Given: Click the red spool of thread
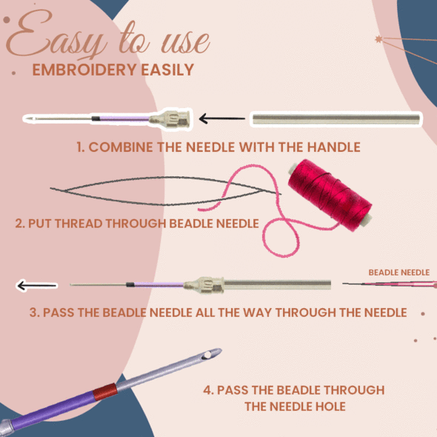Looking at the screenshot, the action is coord(330,195).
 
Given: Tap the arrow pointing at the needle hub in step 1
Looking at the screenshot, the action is coord(222,119).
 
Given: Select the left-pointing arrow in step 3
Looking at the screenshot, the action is coord(37,285).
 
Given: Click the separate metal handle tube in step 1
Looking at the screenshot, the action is coord(336,119).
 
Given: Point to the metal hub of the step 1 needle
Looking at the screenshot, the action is coord(170,119).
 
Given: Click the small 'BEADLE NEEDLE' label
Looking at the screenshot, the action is coord(398,273).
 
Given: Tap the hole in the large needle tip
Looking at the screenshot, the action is coord(207,355).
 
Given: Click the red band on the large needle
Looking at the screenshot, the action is coord(105,392).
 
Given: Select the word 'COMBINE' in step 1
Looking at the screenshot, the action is coord(121,147).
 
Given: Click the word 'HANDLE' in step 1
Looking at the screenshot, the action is coord(333,147).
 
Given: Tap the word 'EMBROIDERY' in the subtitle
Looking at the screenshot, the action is coord(84,70).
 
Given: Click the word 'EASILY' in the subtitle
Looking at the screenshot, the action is coord(167,70).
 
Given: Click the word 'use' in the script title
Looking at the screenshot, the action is coord(186,42).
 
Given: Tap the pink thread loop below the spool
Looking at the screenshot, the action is coord(280,237).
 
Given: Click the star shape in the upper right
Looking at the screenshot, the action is coord(378,39).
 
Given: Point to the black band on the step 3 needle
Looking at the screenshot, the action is coord(130,284).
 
